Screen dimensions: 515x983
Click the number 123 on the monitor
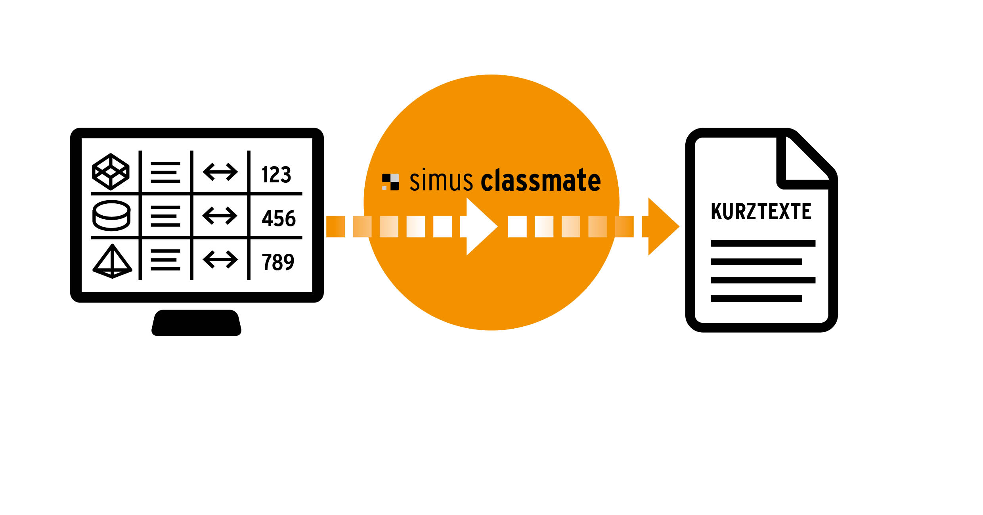tap(276, 174)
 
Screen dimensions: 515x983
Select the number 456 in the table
tap(279, 218)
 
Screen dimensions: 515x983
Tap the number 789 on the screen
tap(278, 262)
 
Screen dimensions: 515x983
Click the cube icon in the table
tap(111, 172)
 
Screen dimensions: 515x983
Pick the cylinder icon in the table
tap(111, 216)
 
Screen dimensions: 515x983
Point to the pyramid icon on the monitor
tap(112, 262)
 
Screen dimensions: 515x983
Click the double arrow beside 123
tap(220, 172)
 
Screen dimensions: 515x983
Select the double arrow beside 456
tap(220, 216)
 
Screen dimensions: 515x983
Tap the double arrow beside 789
tap(220, 260)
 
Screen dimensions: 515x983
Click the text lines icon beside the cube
tap(165, 172)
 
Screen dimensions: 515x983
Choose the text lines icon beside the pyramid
tap(165, 260)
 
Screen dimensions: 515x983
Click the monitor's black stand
tap(197, 323)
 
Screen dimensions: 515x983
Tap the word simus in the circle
tap(441, 181)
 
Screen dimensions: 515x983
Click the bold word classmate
tap(541, 181)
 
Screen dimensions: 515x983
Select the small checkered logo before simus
tap(390, 182)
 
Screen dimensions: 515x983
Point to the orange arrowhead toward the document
tap(662, 226)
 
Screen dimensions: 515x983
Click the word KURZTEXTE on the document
tap(761, 211)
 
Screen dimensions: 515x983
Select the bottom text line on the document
tap(756, 298)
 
